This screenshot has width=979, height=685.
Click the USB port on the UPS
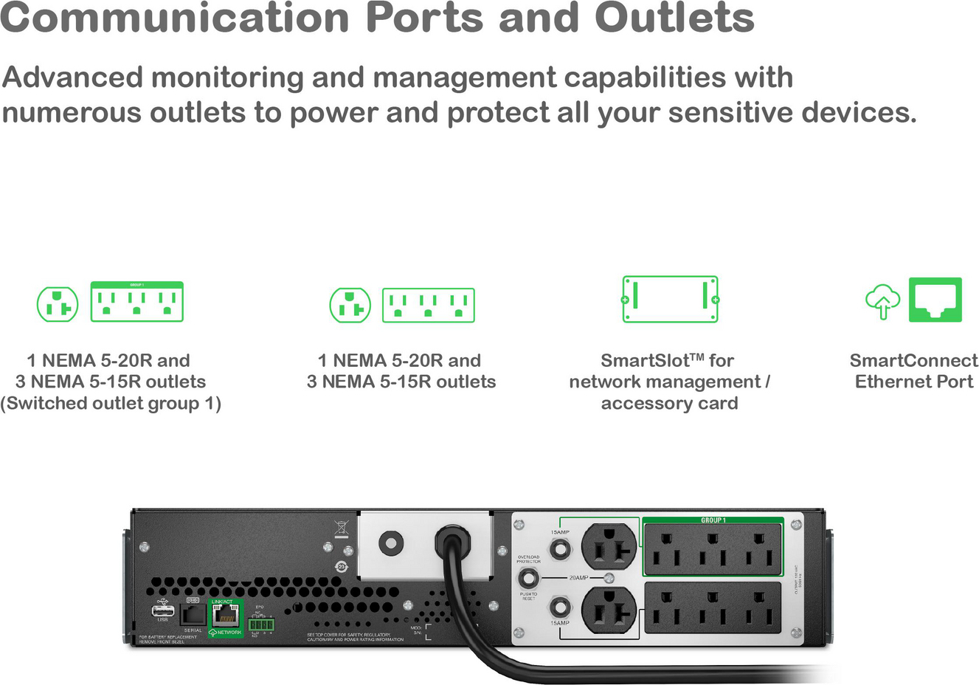coord(162,610)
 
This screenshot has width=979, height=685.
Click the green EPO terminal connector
coord(261,625)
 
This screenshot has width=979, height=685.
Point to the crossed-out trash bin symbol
coord(341,529)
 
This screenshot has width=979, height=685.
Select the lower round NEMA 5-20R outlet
coord(609,610)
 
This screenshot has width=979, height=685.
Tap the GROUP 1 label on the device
coord(713,520)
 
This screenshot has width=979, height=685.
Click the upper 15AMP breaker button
coord(560,548)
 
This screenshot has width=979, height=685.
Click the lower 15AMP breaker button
coord(560,607)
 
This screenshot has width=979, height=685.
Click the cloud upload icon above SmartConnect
coord(882,300)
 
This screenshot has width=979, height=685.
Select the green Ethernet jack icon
coord(935,300)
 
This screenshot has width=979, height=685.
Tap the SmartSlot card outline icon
coord(670,300)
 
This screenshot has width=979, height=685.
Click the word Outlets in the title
coord(674,18)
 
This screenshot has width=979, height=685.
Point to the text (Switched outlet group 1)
coord(111,403)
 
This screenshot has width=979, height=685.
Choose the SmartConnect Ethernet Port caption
coord(913,371)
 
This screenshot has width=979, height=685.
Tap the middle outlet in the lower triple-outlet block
coord(712,607)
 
